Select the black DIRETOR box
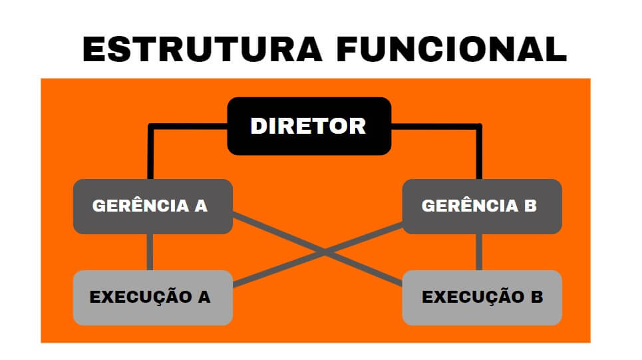pos(309,126)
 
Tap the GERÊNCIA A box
pos(152,206)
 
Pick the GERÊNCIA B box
pos(482,206)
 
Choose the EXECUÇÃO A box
pos(152,297)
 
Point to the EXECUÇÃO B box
pos(482,297)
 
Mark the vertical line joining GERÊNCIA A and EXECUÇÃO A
pos(150,252)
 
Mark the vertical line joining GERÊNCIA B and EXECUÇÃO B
pos(478,252)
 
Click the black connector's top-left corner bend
pos(152,126)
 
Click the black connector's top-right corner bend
pos(478,126)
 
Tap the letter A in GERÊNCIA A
pos(200,206)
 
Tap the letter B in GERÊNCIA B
pos(530,206)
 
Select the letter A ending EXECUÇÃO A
pos(204,297)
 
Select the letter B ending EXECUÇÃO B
pos(536,297)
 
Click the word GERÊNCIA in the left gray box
pos(140,206)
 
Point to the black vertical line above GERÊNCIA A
pos(152,156)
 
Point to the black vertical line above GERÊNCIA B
pos(478,156)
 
